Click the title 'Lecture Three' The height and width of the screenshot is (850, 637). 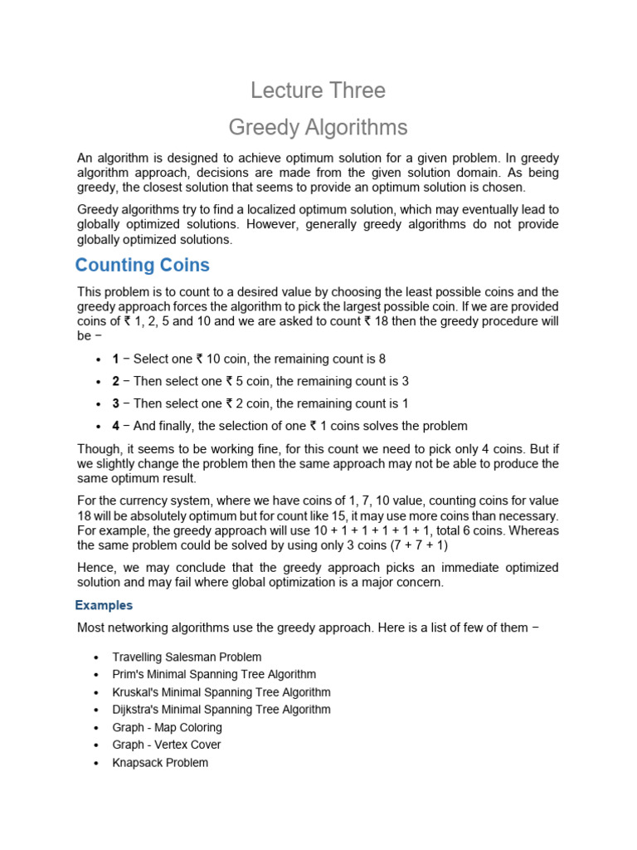318,90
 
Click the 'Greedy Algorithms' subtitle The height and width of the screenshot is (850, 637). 318,127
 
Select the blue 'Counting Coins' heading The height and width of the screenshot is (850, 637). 142,266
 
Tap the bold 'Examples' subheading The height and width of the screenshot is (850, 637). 104,605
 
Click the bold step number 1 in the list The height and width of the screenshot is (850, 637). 116,359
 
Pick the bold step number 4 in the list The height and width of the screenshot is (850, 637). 116,426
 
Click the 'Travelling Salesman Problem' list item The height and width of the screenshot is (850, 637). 187,657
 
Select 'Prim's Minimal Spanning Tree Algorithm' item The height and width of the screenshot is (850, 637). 214,674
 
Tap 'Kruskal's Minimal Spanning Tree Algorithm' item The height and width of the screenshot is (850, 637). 221,692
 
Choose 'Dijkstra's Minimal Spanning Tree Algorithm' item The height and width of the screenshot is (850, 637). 221,710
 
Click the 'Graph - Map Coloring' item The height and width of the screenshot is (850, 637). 168,727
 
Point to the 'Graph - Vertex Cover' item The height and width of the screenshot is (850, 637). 167,745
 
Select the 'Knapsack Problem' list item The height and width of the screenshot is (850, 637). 160,762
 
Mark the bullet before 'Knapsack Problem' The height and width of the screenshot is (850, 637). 99,763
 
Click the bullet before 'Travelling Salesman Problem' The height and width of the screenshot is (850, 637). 99,657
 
